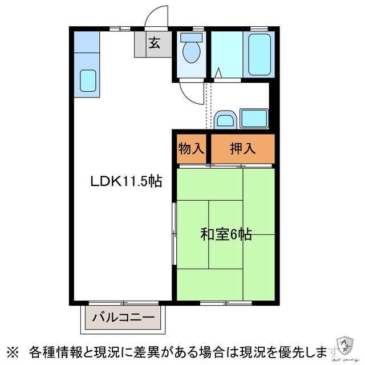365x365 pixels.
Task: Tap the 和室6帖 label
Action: tap(226, 234)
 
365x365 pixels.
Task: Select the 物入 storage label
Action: tap(191, 149)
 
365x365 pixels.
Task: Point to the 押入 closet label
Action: tap(242, 149)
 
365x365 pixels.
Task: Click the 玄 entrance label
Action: tap(154, 43)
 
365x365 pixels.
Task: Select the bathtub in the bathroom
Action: tap(259, 54)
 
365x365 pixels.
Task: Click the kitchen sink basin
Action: tap(87, 80)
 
